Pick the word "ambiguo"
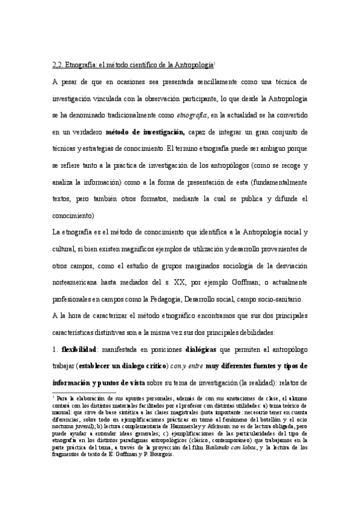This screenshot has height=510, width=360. pos(282,147)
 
